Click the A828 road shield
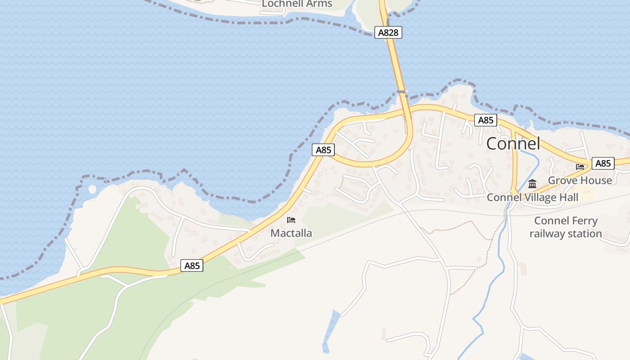point(388,32)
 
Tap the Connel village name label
point(513,144)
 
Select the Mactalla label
point(291,233)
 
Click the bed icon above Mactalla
point(291,220)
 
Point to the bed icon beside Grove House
point(580,166)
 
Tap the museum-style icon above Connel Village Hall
point(532,184)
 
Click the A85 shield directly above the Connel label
point(486,120)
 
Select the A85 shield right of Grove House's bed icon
point(603,163)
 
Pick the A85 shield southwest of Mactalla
point(192,265)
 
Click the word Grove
point(560,180)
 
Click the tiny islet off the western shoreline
point(92,189)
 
